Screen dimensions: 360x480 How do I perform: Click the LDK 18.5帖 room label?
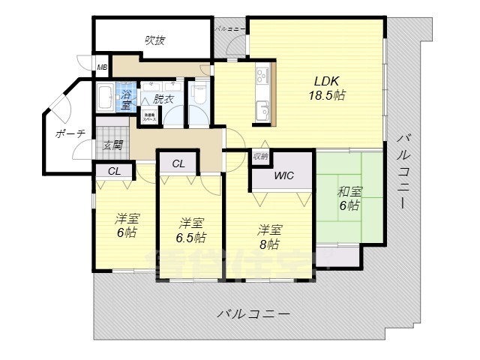pyautogui.click(x=328, y=88)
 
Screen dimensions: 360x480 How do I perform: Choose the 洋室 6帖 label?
pyautogui.click(x=127, y=226)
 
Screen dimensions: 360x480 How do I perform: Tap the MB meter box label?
pyautogui.click(x=101, y=68)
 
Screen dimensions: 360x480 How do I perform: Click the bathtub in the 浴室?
pyautogui.click(x=105, y=98)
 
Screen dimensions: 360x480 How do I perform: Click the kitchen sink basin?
pyautogui.click(x=263, y=106)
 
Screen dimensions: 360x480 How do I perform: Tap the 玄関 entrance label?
pyautogui.click(x=112, y=145)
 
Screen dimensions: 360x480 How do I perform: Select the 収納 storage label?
pyautogui.click(x=259, y=157)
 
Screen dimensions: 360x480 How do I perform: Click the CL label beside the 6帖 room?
pyautogui.click(x=113, y=171)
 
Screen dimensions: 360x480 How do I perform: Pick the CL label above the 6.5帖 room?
pyautogui.click(x=178, y=163)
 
